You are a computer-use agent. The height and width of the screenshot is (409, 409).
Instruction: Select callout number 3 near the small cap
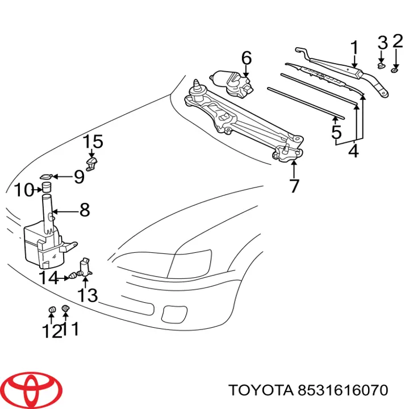tap(382, 43)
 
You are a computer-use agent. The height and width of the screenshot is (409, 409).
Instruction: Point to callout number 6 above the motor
tap(246, 58)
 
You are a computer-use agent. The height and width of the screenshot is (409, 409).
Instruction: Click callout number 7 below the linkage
tap(294, 185)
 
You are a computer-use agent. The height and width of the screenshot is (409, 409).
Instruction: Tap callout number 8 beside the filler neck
tap(84, 210)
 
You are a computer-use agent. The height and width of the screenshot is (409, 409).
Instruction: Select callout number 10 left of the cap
tap(24, 190)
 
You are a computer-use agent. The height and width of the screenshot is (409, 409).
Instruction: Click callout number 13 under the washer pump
tap(88, 295)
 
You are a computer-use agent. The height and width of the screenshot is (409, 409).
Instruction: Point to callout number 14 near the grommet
tap(49, 278)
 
